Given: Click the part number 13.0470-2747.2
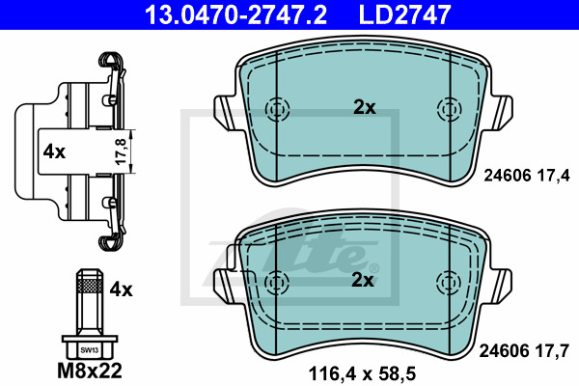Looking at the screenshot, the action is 235,14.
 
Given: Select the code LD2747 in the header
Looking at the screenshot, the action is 404,14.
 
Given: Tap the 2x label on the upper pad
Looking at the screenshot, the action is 365,107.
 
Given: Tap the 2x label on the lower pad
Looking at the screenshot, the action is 363,281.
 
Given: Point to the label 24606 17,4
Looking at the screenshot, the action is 527,176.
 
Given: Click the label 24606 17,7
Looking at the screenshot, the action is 524,350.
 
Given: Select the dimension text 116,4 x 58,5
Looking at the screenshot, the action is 362,373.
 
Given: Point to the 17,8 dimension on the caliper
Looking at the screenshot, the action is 122,152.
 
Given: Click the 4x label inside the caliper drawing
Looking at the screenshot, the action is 54,152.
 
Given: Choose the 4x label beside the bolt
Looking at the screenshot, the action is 121,289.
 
